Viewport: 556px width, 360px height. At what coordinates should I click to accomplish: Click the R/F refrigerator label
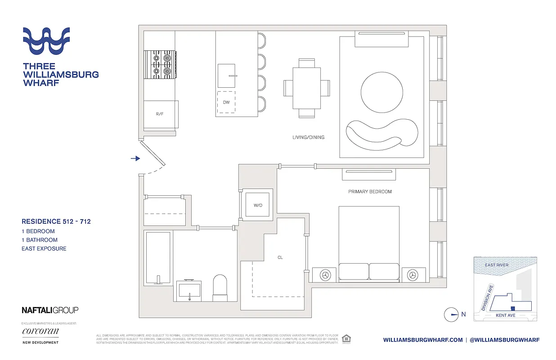[x=160, y=114]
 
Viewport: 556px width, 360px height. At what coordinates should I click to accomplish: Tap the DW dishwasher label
[x=226, y=103]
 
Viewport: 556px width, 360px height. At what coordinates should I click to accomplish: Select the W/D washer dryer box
[x=257, y=206]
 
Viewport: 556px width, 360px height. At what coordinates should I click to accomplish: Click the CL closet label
[x=280, y=258]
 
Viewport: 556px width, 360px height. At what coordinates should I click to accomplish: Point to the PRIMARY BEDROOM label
[x=370, y=192]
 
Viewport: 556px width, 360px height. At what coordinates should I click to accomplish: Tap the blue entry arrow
[x=135, y=158]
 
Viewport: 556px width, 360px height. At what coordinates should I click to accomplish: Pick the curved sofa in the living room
[x=381, y=134]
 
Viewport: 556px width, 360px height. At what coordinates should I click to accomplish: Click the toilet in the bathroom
[x=220, y=288]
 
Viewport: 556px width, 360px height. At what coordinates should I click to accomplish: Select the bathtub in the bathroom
[x=157, y=258]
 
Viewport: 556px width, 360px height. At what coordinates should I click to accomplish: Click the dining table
[x=307, y=88]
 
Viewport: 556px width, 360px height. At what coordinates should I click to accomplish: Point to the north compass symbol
[x=451, y=315]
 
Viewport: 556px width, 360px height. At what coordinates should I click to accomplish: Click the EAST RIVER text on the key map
[x=497, y=265]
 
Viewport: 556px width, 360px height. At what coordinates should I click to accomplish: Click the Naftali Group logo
[x=50, y=310]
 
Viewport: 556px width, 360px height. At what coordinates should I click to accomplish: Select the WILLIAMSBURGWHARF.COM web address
[x=423, y=340]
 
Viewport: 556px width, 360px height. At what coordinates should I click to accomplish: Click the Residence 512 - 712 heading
[x=56, y=221]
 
